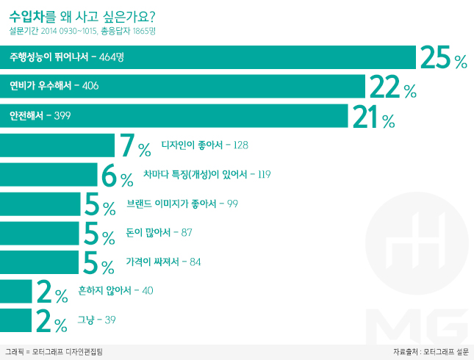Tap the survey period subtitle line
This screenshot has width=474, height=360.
pyautogui.click(x=83, y=31)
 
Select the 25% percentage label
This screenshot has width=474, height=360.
pyautogui.click(x=443, y=58)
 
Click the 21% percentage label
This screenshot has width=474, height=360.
pyautogui.click(x=373, y=117)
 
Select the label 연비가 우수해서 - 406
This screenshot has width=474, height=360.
pyautogui.click(x=54, y=87)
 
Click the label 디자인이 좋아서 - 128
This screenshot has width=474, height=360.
pyautogui.click(x=205, y=145)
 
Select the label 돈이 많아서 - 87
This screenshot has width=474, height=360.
pyautogui.click(x=159, y=233)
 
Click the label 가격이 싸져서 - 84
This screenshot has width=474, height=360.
pyautogui.click(x=164, y=262)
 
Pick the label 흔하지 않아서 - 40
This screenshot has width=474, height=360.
pyautogui.click(x=115, y=291)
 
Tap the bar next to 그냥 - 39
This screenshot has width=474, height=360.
pyautogui.click(x=16, y=320)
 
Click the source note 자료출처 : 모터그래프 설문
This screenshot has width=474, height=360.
pyautogui.click(x=431, y=352)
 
